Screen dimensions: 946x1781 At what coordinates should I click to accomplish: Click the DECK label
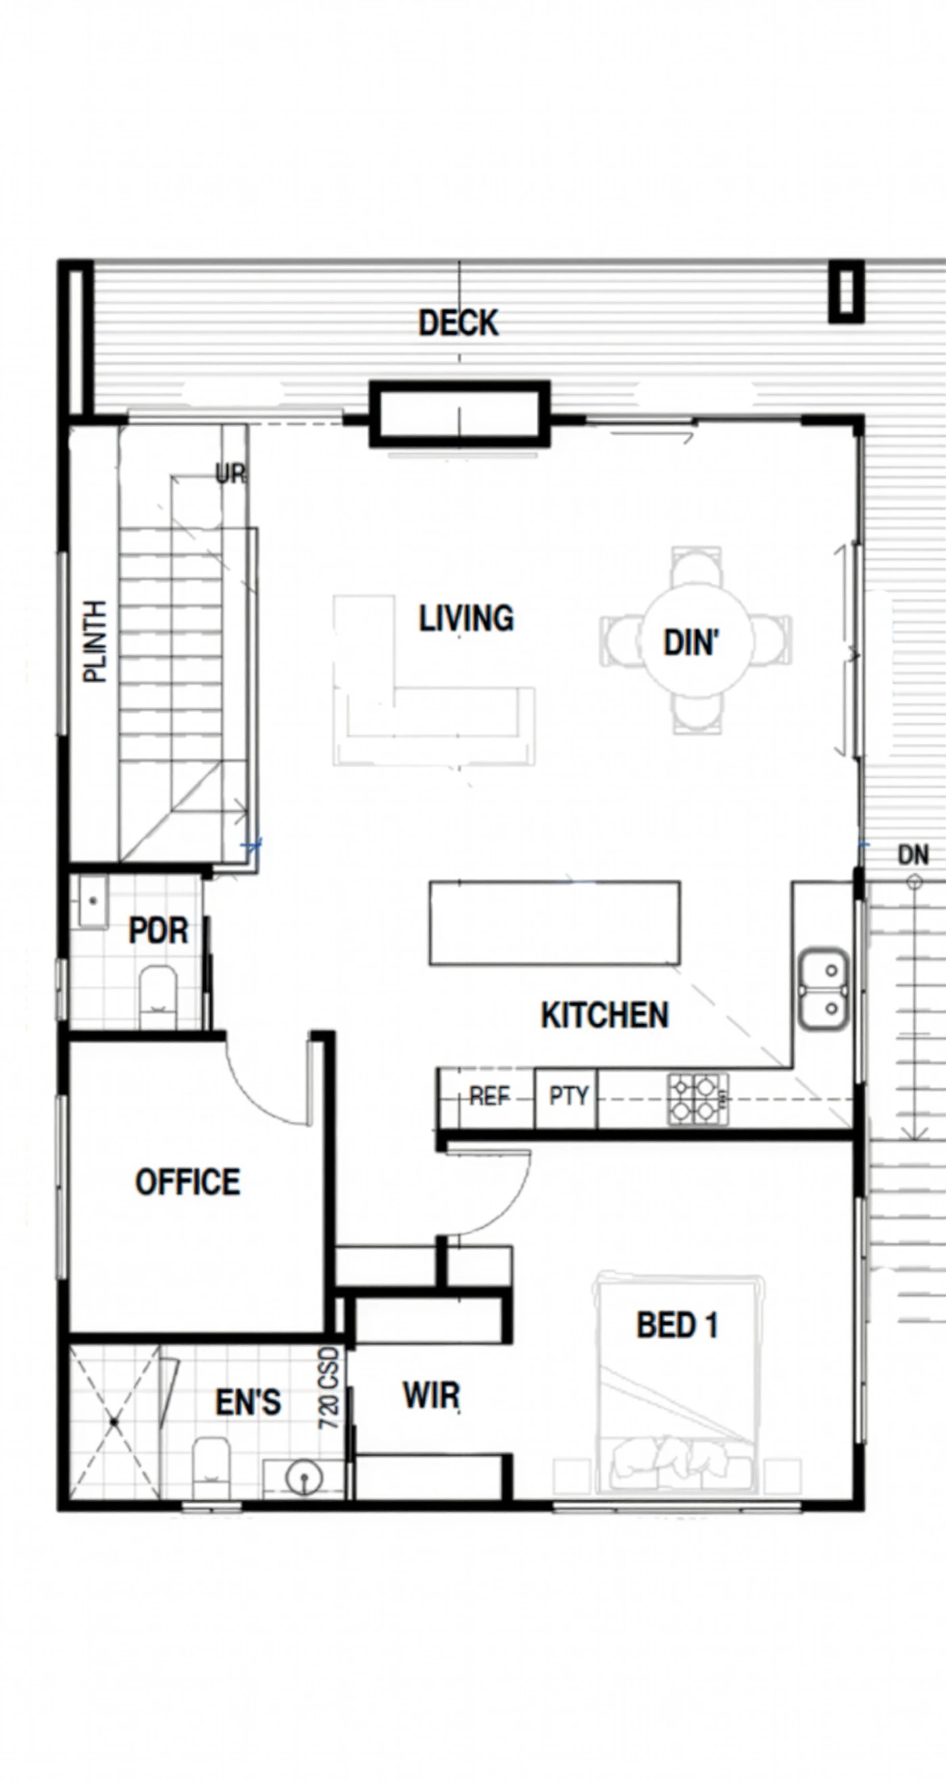458,324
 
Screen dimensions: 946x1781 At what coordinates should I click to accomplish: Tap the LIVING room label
466,618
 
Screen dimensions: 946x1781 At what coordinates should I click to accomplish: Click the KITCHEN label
605,1015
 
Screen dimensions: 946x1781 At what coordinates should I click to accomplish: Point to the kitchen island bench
555,923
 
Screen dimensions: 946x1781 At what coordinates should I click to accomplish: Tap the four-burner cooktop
697,1098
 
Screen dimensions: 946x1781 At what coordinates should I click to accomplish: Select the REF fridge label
489,1096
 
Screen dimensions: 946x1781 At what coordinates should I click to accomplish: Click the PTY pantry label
569,1096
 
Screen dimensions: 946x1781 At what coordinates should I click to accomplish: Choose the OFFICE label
188,1181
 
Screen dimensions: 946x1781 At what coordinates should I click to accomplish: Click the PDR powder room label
158,931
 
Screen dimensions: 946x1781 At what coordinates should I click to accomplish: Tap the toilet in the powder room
158,997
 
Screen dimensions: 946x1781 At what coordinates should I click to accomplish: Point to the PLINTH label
95,641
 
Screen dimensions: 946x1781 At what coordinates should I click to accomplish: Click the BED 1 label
677,1325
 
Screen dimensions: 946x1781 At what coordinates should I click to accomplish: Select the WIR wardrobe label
432,1395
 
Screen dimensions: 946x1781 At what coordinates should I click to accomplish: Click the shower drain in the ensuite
114,1421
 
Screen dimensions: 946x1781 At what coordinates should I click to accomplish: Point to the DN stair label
913,855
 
